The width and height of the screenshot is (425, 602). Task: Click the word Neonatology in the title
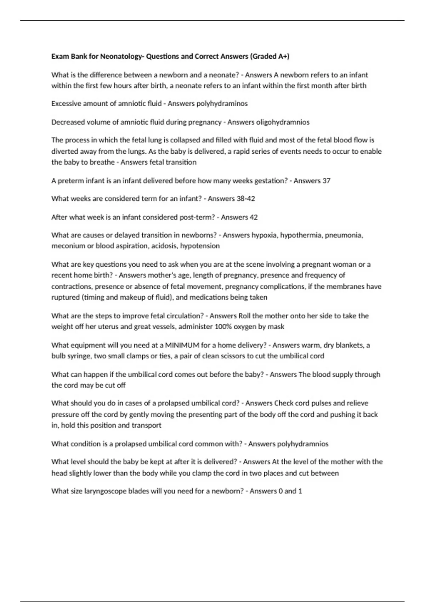120,56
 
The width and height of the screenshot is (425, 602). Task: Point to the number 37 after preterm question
326,181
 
